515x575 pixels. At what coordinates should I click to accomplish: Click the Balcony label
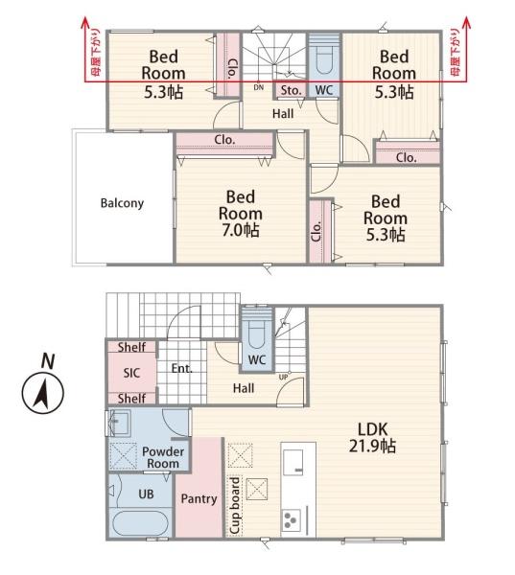pos(122,203)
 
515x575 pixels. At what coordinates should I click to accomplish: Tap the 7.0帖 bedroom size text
pos(241,230)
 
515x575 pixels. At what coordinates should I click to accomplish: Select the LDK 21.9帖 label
pos(372,438)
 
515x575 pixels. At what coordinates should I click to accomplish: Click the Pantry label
pos(199,498)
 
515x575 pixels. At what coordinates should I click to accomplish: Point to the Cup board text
pos(235,505)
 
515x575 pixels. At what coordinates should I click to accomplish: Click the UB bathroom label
pos(146,494)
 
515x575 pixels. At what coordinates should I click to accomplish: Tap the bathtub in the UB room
pos(140,523)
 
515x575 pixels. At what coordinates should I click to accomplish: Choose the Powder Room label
pos(163,457)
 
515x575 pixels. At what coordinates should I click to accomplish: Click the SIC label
pos(131,373)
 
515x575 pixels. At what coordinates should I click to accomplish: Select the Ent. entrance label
pos(182,368)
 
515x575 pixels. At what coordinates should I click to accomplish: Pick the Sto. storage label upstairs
pos(291,91)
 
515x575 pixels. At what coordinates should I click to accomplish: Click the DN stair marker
pos(258,87)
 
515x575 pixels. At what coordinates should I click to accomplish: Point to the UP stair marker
pos(283,377)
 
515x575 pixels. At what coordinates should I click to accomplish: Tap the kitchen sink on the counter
pos(293,462)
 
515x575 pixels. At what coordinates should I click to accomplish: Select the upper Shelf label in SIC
pos(131,347)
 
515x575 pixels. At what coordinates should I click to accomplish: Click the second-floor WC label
pos(324,90)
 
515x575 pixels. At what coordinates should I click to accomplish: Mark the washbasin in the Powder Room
pos(120,423)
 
